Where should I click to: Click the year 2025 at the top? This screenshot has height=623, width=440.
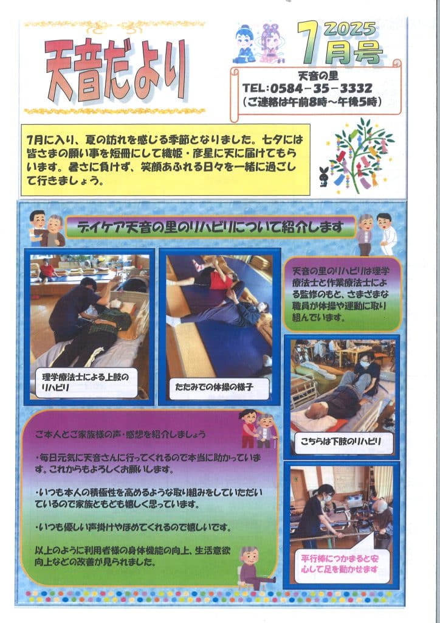point(350,29)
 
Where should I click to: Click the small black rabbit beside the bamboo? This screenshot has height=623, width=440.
point(324,176)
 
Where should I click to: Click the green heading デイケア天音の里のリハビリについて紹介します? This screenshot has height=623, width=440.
point(210,227)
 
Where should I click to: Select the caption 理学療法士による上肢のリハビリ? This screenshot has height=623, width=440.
point(85,382)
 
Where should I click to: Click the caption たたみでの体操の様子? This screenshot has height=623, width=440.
point(215,386)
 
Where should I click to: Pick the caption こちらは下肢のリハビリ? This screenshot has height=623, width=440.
point(340,442)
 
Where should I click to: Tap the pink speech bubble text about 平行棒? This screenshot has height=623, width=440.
point(340,564)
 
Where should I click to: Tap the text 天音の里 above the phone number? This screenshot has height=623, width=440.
point(318,75)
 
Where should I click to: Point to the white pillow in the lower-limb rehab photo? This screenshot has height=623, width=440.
point(314,422)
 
